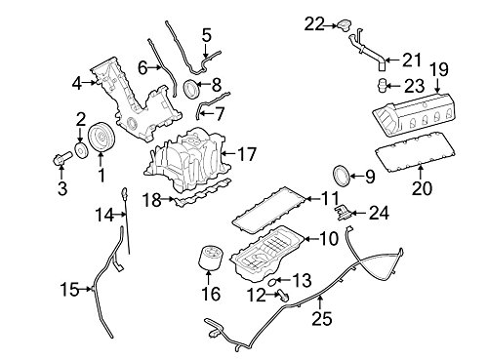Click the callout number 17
247,154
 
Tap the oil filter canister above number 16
208,258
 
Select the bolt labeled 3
61,158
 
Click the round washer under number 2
81,150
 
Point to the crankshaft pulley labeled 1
102,137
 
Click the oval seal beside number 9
342,176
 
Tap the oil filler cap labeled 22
344,24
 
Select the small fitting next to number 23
382,85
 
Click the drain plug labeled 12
283,295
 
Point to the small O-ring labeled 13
272,281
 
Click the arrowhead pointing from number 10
306,239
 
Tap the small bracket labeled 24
343,213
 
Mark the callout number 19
439,69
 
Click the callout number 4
76,84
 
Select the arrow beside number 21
391,60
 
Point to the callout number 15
69,289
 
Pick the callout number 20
422,188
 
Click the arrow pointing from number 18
168,198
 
